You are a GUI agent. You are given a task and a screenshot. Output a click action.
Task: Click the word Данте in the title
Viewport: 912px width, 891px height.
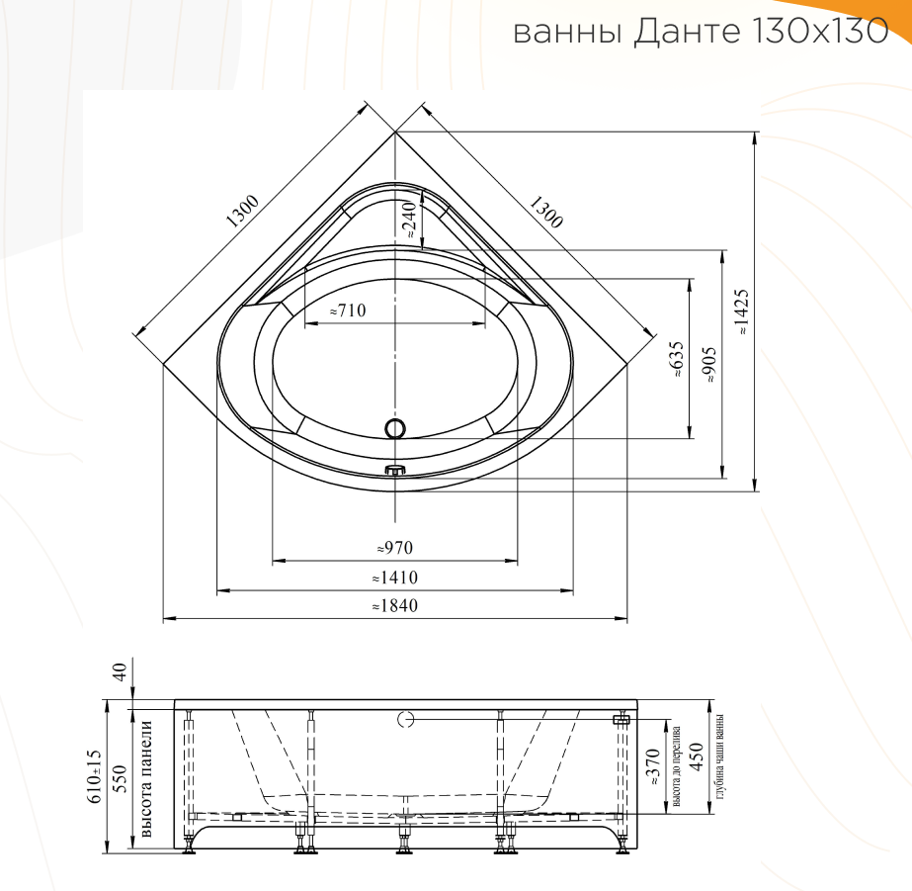[x=682, y=32]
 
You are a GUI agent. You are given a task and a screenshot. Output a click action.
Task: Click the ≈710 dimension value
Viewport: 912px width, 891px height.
[x=347, y=311]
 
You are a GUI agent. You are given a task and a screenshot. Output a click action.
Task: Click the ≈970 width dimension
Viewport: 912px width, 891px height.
[x=393, y=548]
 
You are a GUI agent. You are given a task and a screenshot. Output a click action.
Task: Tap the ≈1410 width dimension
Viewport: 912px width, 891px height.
[x=393, y=578]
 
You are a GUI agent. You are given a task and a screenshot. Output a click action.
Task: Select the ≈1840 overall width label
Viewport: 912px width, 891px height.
[x=393, y=606]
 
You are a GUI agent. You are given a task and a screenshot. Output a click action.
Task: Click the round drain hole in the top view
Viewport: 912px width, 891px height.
[x=395, y=428]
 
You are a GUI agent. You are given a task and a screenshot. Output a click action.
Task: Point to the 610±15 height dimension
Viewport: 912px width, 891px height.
[x=95, y=775]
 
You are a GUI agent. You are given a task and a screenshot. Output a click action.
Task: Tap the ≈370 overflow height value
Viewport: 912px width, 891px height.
[x=652, y=767]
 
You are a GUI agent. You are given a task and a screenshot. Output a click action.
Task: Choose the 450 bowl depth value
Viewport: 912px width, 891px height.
[x=696, y=757]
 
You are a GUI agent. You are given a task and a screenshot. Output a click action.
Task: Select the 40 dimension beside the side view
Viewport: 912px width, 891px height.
[x=119, y=673]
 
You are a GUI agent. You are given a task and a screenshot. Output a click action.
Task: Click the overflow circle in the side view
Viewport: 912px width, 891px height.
[x=404, y=720]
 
